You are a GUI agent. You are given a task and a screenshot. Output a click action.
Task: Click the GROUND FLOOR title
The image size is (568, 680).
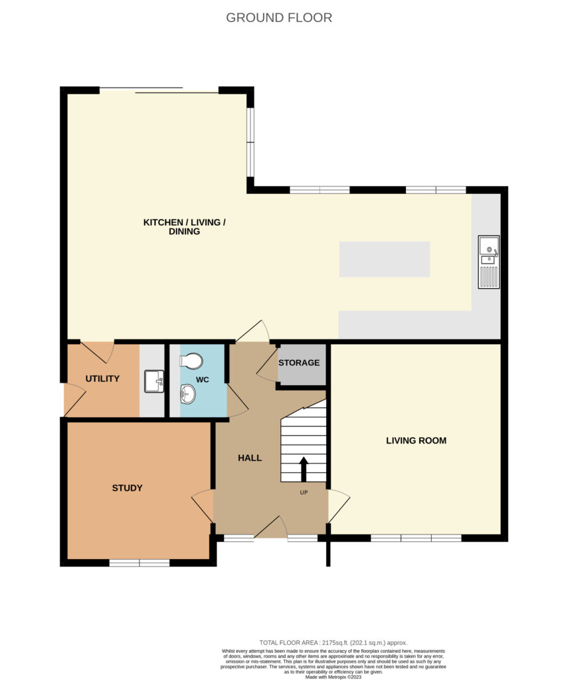click(279, 18)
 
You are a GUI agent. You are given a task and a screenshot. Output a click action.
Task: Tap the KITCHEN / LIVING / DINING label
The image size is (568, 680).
click(185, 227)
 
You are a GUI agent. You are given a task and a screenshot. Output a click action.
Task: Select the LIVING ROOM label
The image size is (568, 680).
click(416, 441)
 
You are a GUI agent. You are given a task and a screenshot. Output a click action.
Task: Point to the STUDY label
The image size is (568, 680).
click(127, 488)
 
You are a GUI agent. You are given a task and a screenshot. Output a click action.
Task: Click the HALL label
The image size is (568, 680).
click(250, 458)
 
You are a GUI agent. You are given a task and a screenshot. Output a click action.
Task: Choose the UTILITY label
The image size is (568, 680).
click(102, 379)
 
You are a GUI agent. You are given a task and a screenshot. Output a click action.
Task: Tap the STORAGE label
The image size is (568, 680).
click(299, 363)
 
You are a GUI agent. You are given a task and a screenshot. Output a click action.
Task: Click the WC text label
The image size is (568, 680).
click(203, 380)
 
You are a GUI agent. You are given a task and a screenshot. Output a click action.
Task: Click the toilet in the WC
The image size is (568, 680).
click(191, 360)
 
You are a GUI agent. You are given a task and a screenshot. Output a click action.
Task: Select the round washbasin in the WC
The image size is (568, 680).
click(188, 394)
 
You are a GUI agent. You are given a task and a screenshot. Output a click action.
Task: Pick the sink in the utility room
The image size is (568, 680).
click(154, 381)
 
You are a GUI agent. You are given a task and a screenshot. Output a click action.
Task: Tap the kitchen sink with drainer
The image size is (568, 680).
click(488, 262)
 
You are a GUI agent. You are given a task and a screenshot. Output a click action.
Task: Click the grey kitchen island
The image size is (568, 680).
click(385, 260)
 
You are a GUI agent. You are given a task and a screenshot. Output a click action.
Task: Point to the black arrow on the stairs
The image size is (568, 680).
click(304, 469)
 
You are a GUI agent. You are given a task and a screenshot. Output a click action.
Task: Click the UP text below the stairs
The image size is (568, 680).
click(304, 493)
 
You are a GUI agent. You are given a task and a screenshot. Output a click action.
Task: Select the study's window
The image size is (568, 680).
click(140, 563)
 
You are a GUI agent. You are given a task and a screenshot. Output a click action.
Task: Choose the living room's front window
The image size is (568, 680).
click(416, 538)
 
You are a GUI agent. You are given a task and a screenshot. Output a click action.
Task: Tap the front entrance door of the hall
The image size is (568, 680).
click(270, 527)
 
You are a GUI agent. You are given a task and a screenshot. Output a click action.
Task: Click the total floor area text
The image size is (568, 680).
click(333, 643)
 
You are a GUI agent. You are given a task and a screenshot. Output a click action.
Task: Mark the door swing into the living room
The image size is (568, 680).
click(339, 506)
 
